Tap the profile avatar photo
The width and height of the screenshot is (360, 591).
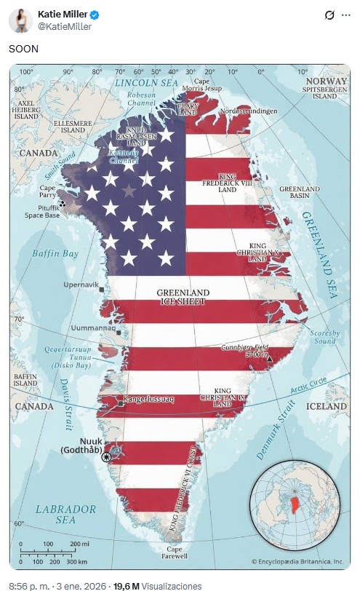[x=19, y=20]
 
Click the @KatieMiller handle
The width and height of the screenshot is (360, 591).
[x=65, y=27]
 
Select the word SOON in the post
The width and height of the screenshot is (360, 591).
[x=23, y=49]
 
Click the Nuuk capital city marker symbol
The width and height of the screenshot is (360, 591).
[x=108, y=456]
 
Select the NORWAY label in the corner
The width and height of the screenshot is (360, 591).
[x=327, y=81]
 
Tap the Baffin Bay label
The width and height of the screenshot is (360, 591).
[x=55, y=253]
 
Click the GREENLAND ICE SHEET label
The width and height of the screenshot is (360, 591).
[x=183, y=296]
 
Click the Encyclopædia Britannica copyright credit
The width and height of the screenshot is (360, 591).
[x=297, y=561]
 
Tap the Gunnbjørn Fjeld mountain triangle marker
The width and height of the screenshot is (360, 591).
[x=270, y=359]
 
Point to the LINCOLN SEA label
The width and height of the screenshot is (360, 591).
[x=146, y=83]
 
